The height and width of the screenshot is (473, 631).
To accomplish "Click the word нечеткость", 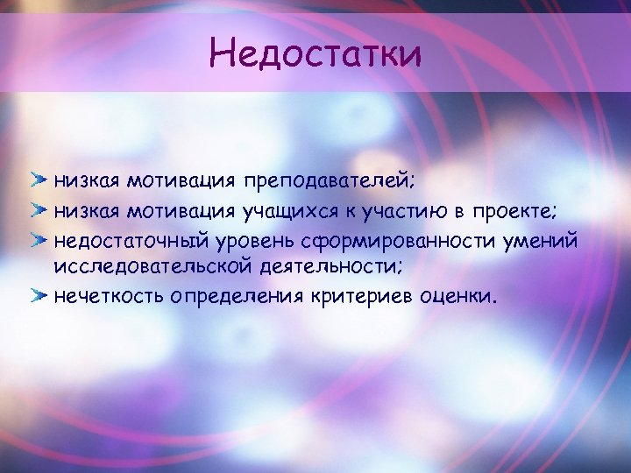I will pos(109,296).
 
